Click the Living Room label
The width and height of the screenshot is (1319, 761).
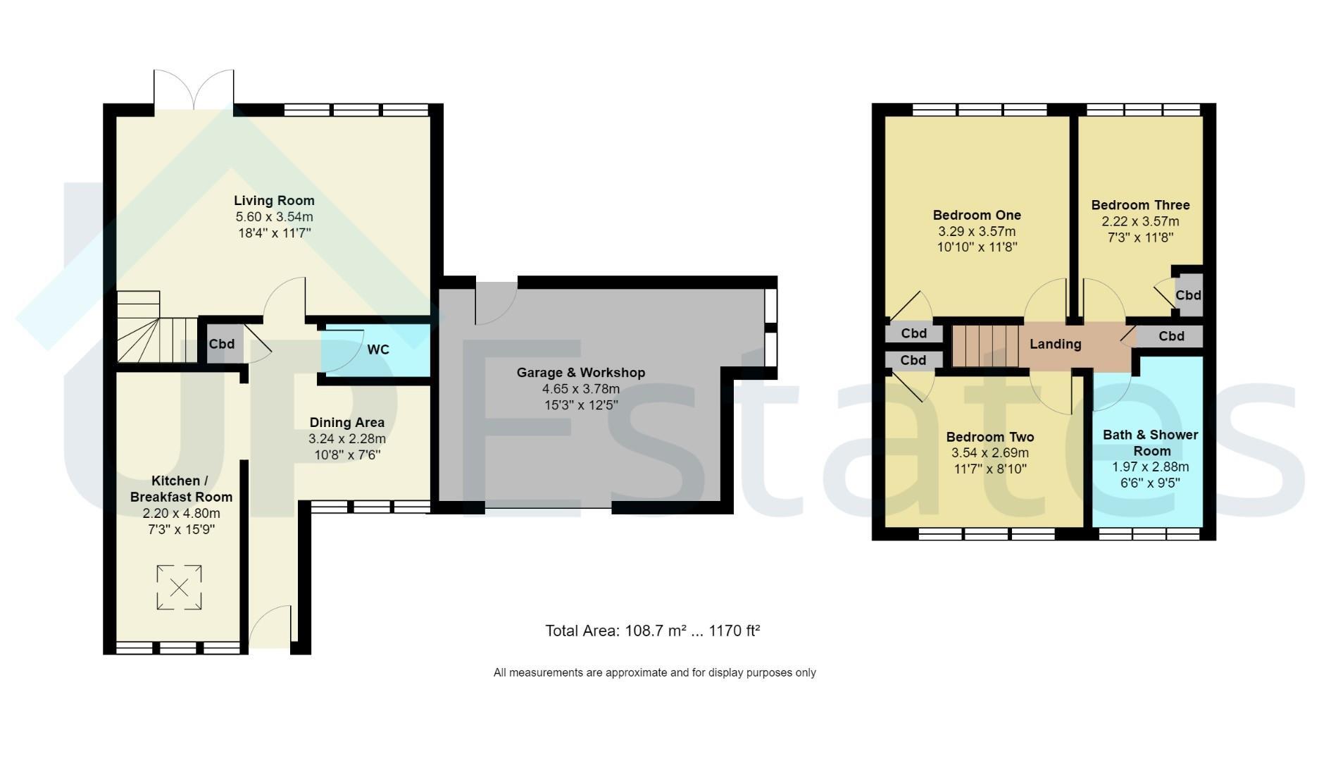tap(274, 201)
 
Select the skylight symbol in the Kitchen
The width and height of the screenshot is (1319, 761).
tap(179, 587)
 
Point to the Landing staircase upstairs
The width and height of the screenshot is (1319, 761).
tap(986, 345)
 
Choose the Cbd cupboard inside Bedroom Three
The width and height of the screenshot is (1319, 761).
tap(1188, 295)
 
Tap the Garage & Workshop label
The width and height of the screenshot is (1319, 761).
tap(581, 373)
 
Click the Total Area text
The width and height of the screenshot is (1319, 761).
tap(653, 631)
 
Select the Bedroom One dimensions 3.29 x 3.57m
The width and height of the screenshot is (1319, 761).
tap(977, 231)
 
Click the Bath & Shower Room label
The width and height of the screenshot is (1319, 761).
tap(1151, 443)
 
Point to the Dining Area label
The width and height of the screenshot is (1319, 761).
tap(347, 423)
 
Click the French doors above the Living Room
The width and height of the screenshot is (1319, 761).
tap(194, 89)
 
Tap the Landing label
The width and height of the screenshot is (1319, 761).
tap(1055, 344)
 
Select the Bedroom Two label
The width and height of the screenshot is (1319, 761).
tap(990, 437)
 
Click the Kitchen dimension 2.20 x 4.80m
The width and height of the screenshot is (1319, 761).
tap(181, 513)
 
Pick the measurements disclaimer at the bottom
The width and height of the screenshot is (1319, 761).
tap(655, 673)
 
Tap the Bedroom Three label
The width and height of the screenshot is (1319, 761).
tap(1141, 205)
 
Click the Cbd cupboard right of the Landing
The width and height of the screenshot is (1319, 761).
tap(1170, 336)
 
